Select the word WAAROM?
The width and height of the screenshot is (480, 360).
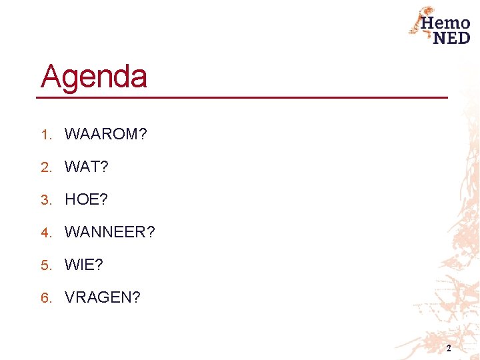coord(105,134)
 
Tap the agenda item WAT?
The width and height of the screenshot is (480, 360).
coord(86,167)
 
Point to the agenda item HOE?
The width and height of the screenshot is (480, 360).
coord(86,199)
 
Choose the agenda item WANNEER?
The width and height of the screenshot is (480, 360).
coord(109,232)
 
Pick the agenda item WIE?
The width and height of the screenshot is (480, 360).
coord(83,265)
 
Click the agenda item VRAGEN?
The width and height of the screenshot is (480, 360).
coord(102,297)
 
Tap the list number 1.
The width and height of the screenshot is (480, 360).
coord(45,135)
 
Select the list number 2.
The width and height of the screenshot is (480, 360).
coord(45,167)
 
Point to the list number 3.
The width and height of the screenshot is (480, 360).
coord(45,200)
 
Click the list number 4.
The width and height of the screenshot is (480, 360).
coord(45,233)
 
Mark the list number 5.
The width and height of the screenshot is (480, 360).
coord(45,265)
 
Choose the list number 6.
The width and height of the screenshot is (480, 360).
coord(45,298)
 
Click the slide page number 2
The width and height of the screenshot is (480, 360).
coord(449,349)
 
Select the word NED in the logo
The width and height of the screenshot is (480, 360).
coord(451,37)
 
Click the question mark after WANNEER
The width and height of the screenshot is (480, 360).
coord(151,232)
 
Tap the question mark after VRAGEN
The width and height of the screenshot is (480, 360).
coord(137,297)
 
